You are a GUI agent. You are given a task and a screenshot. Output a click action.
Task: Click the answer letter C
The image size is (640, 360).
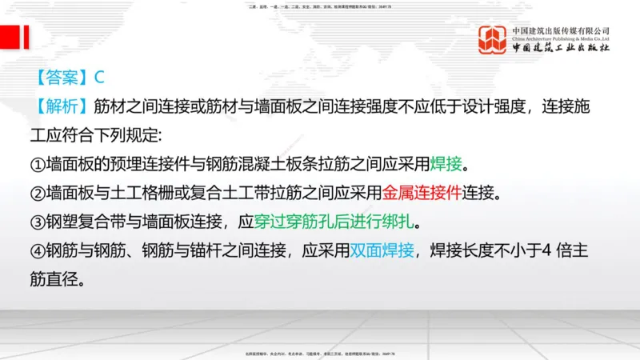100,78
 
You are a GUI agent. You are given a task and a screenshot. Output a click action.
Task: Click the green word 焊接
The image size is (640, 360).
446,164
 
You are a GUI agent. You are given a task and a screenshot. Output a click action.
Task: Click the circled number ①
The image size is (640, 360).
37,164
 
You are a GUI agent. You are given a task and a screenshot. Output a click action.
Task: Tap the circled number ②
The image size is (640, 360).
37,193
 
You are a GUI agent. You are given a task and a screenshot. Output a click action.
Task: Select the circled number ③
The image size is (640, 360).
37,222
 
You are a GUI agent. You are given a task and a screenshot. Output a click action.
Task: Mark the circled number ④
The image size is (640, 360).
37,250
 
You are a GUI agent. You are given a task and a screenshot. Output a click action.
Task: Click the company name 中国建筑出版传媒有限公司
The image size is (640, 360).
561,30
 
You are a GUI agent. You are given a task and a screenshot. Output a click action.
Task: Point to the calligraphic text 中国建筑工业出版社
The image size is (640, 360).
561,48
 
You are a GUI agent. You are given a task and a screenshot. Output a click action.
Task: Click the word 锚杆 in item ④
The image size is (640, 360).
221,250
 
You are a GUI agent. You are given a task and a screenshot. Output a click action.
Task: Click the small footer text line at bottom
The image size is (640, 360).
320,353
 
